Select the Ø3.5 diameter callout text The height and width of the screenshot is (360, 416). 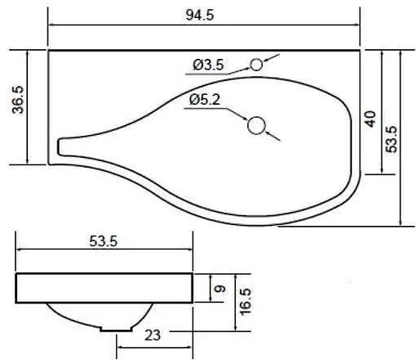(208, 65)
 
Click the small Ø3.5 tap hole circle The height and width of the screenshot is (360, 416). (256, 65)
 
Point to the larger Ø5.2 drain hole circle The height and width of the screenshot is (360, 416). (256, 125)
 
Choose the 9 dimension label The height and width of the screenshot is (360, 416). (220, 290)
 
